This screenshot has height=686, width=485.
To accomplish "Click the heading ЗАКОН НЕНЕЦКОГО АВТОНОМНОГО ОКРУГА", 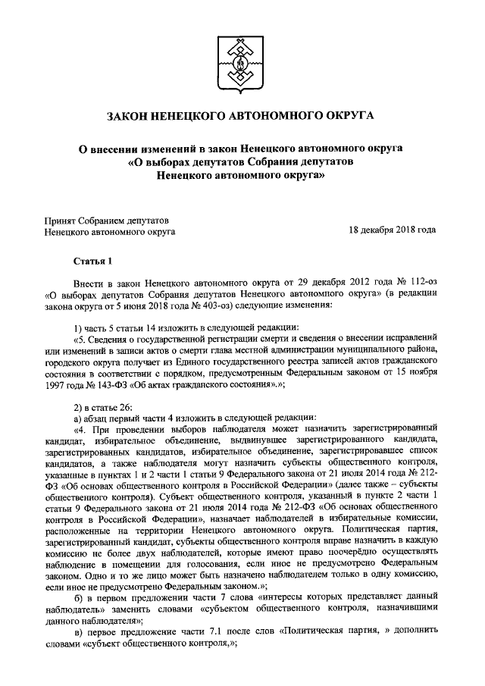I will click(242, 116).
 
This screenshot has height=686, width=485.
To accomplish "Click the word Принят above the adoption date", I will click(60, 220).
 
